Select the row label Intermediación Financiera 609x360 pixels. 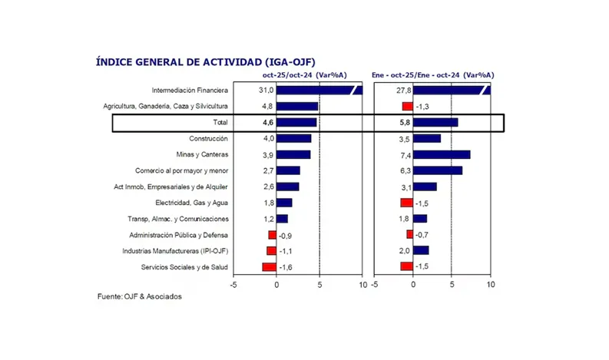(x=189, y=90)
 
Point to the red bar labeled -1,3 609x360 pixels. (x=407, y=106)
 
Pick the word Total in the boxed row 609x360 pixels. (x=219, y=122)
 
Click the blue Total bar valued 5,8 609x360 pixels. (x=435, y=122)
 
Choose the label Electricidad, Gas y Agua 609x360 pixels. (x=191, y=203)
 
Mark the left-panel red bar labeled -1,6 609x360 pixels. (x=269, y=267)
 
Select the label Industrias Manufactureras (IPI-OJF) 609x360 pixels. (x=174, y=251)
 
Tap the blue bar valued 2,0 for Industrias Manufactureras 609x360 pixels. (x=421, y=251)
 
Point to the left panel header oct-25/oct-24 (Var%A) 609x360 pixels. (x=305, y=75)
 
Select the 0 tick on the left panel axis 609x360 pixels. (x=276, y=284)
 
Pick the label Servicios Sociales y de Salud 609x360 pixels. (x=184, y=267)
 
